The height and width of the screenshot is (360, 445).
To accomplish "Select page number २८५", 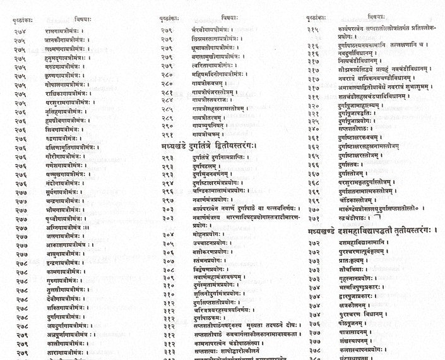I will click(x=168, y=107).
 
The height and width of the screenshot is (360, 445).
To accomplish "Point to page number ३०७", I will click(x=168, y=260).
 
